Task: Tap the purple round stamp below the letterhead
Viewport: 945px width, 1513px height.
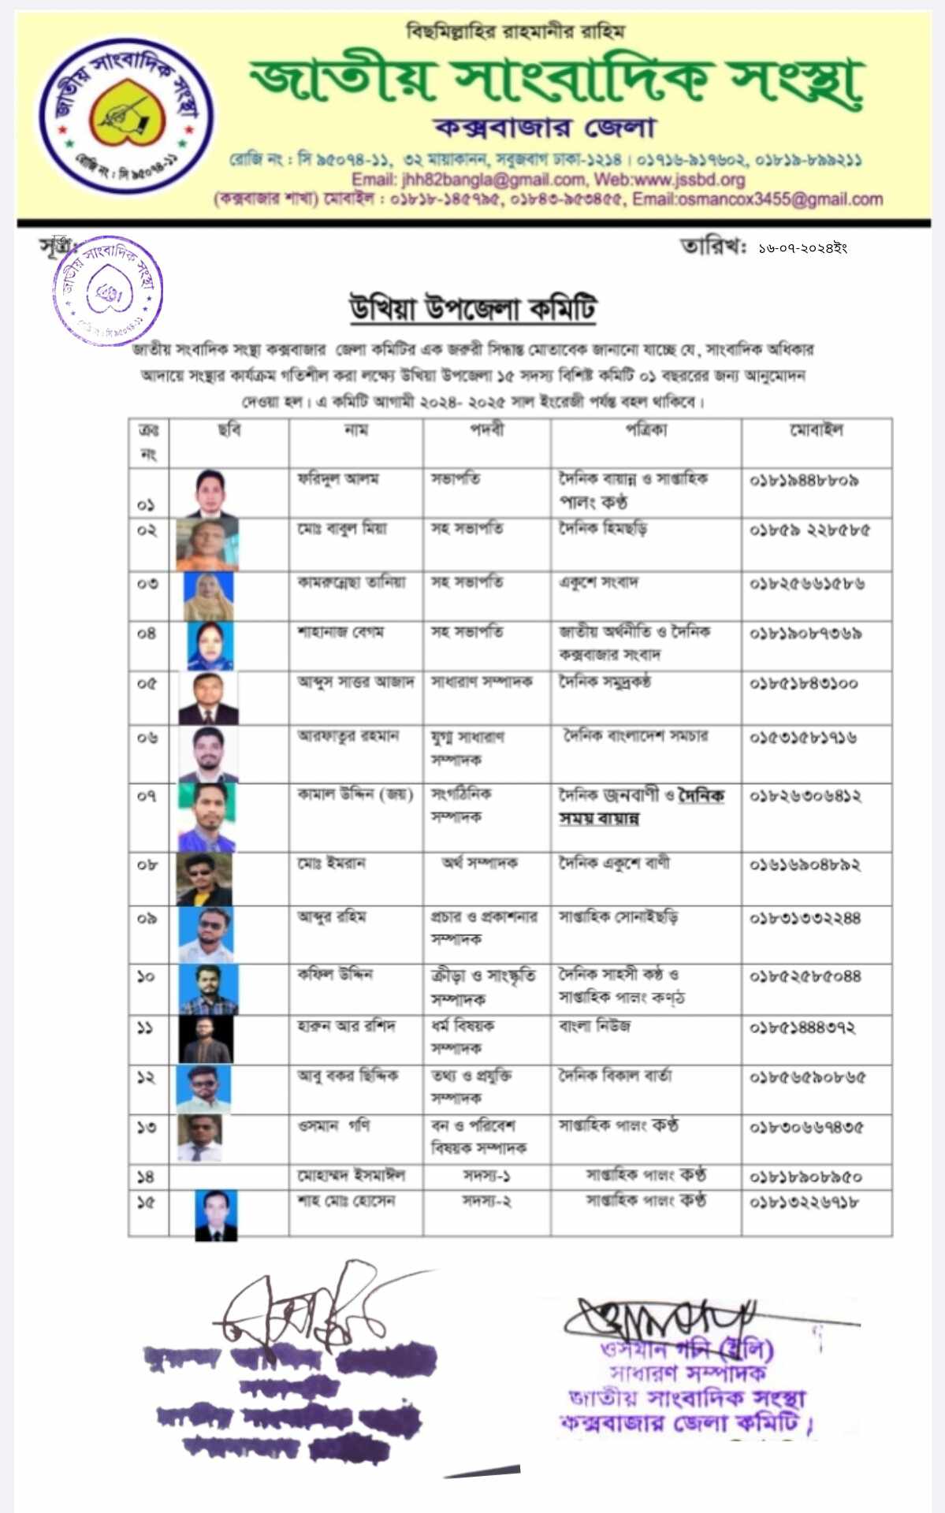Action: tap(107, 291)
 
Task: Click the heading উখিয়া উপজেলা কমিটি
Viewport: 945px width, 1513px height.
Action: tap(473, 308)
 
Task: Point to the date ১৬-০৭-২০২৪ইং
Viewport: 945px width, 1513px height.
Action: tap(802, 248)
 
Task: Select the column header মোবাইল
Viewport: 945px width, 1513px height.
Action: tap(817, 430)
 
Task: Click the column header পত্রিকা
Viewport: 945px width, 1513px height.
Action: tap(646, 430)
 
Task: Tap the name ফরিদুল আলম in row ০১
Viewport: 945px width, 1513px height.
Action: tap(338, 478)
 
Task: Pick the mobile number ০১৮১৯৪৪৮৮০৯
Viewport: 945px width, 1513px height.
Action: tap(804, 480)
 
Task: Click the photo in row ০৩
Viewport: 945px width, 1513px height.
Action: tap(209, 597)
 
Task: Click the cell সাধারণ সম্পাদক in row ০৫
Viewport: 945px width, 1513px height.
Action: tap(482, 682)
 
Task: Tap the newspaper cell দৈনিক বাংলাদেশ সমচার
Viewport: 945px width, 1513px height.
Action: tap(635, 736)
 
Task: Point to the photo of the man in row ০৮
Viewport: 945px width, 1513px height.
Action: tap(205, 879)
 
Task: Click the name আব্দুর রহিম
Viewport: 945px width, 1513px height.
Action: tap(331, 917)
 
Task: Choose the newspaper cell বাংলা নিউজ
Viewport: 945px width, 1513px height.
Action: tap(594, 1026)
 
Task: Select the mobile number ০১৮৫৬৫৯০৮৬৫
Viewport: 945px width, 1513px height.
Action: tap(806, 1077)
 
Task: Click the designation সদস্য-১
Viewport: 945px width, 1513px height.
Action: tap(486, 1176)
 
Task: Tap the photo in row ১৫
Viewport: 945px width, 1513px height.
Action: tap(216, 1215)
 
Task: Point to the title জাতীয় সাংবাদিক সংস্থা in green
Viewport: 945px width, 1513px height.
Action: tap(556, 80)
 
